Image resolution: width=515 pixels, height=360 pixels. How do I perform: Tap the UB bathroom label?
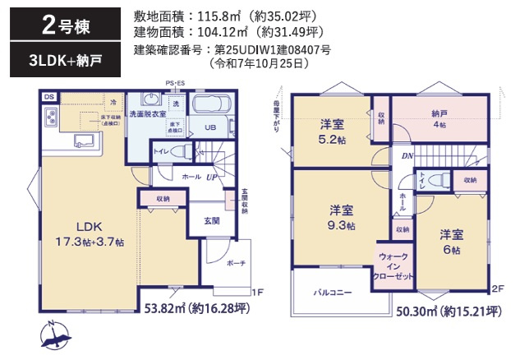click(209, 127)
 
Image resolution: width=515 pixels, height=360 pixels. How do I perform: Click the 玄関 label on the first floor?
click(211, 219)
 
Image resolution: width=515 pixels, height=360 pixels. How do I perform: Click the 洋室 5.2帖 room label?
click(332, 131)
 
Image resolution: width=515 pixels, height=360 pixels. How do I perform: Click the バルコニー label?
click(332, 292)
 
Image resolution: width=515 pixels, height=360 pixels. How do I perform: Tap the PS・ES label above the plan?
click(174, 83)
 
